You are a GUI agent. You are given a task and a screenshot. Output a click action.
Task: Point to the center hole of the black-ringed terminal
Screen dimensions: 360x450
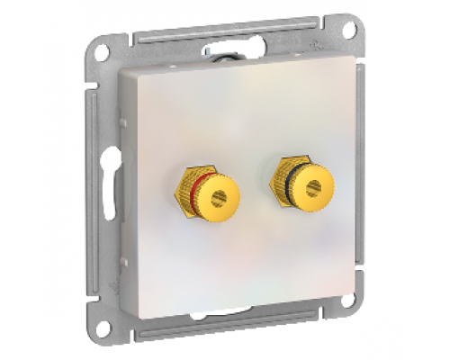(x=313, y=187)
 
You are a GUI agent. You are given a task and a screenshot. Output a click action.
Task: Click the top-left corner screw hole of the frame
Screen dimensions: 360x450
(x=102, y=52)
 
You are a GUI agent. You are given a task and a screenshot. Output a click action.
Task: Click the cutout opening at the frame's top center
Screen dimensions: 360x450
(x=225, y=51)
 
